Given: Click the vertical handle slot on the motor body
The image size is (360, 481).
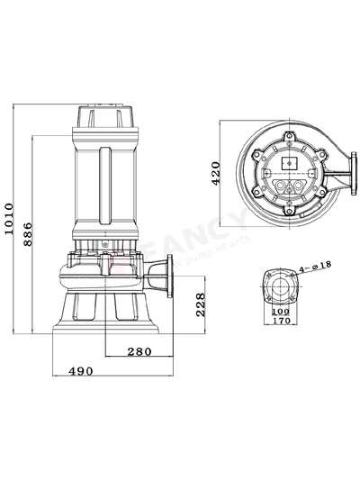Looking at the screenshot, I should [x=106, y=186].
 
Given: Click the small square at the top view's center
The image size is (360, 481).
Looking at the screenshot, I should [x=289, y=162].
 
